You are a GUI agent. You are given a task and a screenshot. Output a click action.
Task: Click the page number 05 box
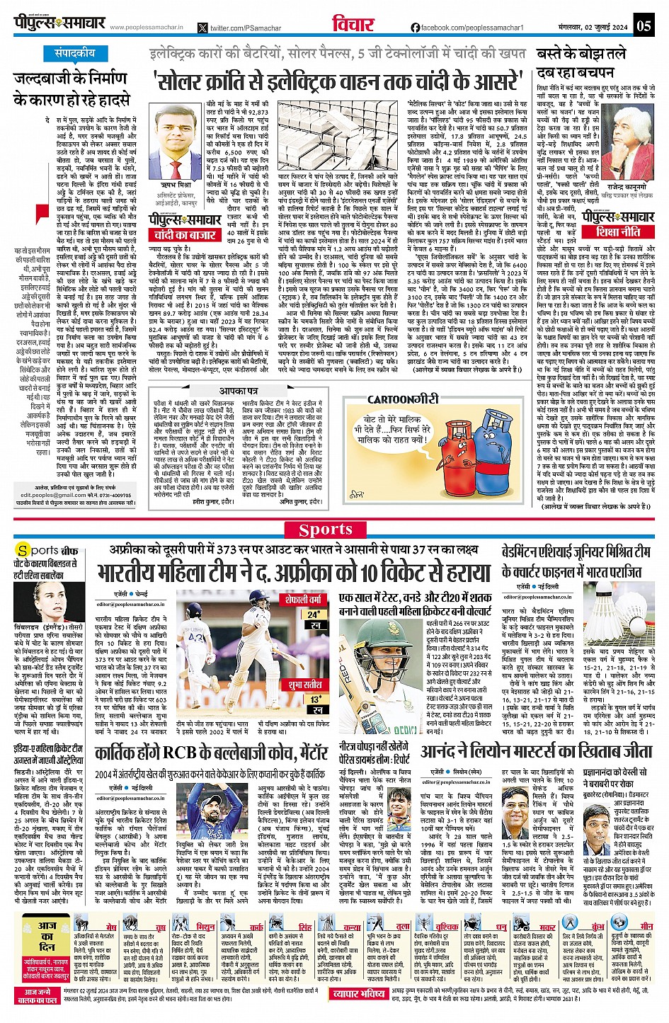tap(643, 26)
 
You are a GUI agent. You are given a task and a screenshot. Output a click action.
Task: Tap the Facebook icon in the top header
tap(415, 28)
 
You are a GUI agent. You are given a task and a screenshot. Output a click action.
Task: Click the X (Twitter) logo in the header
tap(204, 28)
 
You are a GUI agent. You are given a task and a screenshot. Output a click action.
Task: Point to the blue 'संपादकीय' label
tap(76, 53)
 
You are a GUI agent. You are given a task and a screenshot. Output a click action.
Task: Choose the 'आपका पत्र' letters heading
tap(238, 391)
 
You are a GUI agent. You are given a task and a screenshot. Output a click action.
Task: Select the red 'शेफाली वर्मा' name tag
tap(304, 599)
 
